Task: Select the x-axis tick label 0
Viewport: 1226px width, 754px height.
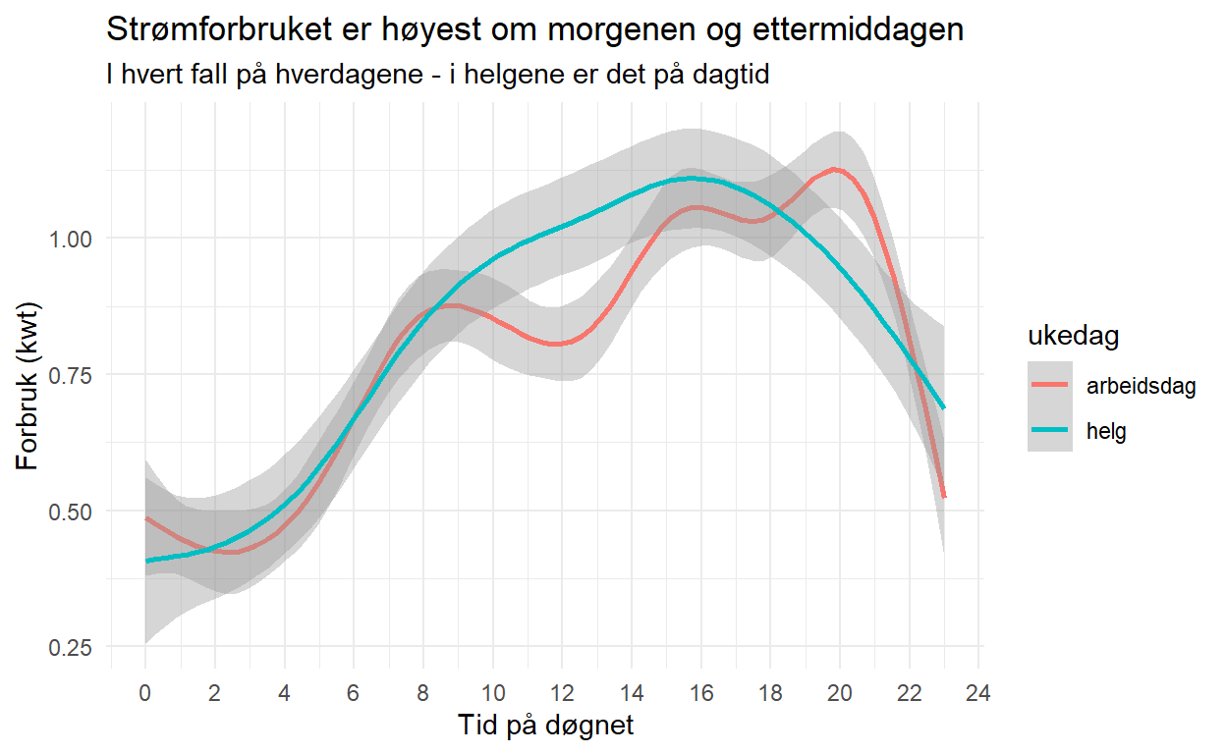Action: point(144,694)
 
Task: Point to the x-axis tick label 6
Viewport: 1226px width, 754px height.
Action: point(353,694)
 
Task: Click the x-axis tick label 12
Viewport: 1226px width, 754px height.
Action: point(561,694)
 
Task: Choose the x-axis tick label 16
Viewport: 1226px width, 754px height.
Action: point(700,694)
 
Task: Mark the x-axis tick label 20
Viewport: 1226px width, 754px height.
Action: point(839,694)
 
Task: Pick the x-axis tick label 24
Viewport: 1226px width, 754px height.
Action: point(978,694)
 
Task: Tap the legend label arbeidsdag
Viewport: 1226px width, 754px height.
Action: point(1141,386)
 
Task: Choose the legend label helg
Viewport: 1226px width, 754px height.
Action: point(1106,431)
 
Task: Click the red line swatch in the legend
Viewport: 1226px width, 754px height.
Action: point(1051,386)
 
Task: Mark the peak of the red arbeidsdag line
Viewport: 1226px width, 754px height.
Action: point(836,169)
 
